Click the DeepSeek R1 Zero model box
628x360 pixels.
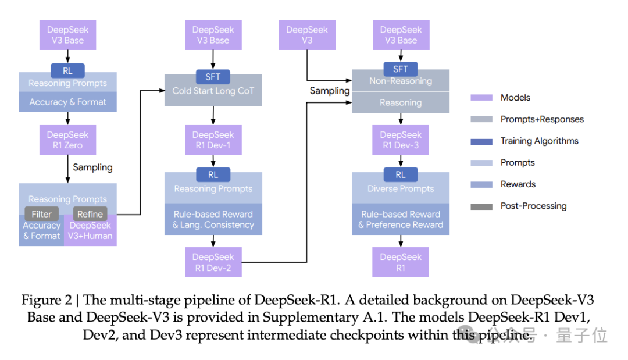[x=67, y=140]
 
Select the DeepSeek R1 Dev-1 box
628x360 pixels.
[x=213, y=140]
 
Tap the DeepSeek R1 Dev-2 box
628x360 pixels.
[x=213, y=262]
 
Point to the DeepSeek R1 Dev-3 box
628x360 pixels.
[x=401, y=140]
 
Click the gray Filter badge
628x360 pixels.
[x=42, y=214]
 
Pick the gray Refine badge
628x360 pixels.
[x=90, y=214]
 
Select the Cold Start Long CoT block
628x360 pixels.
[x=213, y=91]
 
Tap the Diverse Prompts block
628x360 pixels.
[x=401, y=188]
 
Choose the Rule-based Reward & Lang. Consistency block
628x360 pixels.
[x=213, y=219]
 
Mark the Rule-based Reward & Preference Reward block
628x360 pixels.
[x=401, y=219]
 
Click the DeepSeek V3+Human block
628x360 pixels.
[x=90, y=231]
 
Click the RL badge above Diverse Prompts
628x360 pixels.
[x=401, y=174]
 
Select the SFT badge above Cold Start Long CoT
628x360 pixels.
[x=213, y=77]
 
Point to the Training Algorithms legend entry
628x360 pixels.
[x=539, y=141]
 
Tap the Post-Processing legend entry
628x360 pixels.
[x=533, y=206]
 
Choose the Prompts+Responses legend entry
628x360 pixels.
[x=542, y=119]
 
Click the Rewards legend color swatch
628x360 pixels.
[x=482, y=184]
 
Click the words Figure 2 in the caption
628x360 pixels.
[x=48, y=300]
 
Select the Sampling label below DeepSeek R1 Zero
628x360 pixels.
[x=92, y=167]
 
